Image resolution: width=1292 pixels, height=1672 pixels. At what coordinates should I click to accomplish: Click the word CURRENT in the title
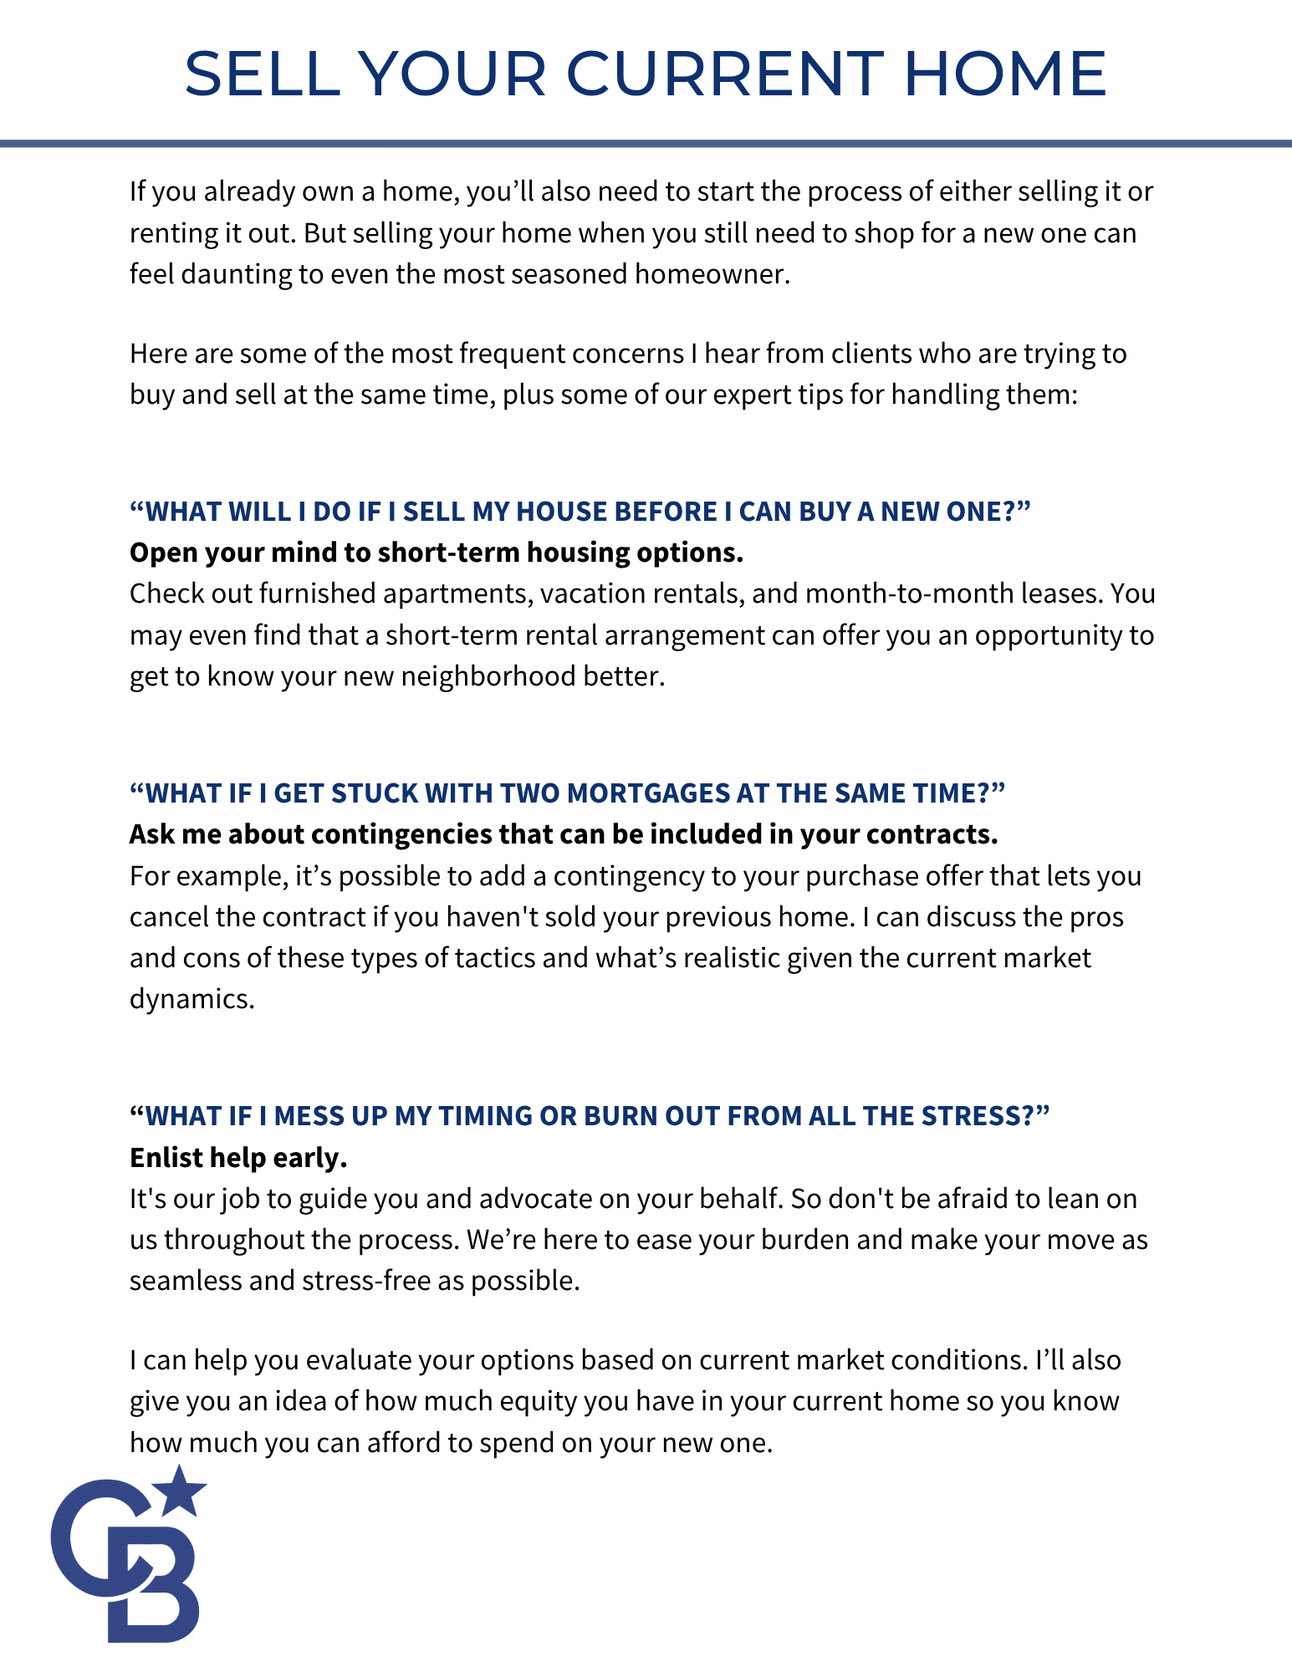(725, 74)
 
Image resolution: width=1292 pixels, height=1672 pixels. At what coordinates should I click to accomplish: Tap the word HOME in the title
(1005, 74)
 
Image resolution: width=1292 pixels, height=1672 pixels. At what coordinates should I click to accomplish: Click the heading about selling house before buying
(580, 512)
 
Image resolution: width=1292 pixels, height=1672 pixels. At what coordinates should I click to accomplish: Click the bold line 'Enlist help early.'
(238, 1158)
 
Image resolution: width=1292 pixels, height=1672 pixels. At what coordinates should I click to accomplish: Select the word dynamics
(192, 999)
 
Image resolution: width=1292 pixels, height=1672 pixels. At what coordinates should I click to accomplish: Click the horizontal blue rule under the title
(646, 144)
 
